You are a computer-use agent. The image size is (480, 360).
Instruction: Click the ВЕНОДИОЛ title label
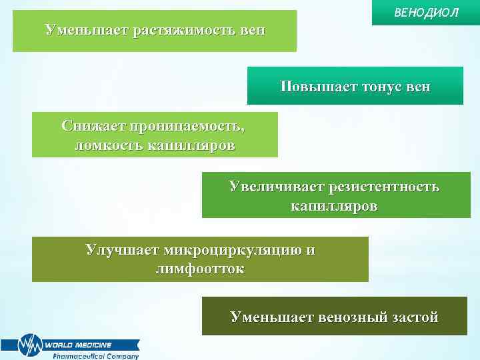427,13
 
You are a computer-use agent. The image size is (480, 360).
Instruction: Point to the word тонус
383,87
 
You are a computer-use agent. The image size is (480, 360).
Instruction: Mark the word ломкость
105,145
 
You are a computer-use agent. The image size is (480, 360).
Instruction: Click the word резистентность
385,187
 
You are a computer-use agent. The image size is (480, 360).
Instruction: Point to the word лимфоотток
199,269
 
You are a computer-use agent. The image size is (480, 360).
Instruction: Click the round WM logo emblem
29,345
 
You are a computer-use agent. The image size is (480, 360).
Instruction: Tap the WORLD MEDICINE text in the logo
78,345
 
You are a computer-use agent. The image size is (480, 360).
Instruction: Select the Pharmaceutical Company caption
96,356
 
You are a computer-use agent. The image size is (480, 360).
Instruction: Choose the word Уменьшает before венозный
271,317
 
